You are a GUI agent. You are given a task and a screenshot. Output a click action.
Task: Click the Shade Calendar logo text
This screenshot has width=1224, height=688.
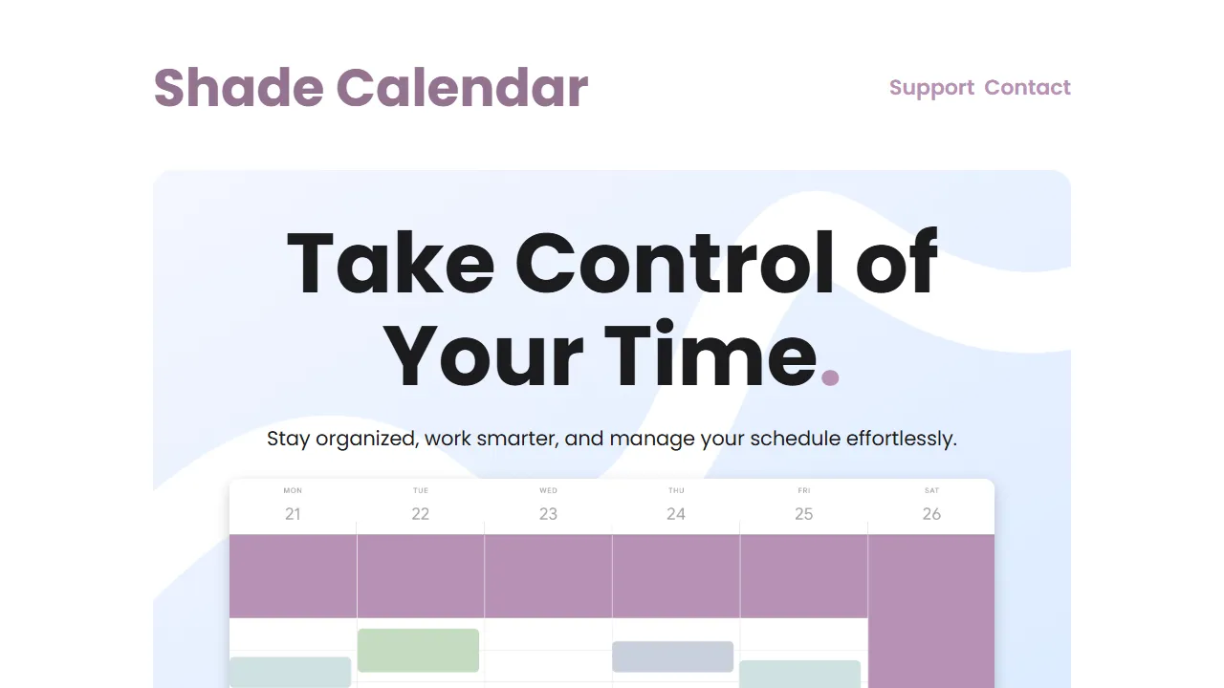coord(370,88)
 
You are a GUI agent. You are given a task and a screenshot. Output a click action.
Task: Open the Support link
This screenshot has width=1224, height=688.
coord(931,88)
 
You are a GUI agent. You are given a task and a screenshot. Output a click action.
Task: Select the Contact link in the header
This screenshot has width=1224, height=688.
coord(1027,88)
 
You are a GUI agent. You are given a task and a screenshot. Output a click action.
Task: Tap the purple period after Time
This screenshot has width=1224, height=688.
coord(830,376)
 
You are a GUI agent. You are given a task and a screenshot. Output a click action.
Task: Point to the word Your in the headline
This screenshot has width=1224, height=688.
coord(483,355)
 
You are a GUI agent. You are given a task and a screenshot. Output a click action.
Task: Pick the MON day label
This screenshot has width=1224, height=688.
coord(293,491)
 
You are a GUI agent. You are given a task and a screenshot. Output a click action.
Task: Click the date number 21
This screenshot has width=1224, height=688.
coord(293,514)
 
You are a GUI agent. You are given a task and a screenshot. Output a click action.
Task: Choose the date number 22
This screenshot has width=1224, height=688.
coord(421,514)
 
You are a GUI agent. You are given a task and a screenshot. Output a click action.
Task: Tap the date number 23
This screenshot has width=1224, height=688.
coord(548,514)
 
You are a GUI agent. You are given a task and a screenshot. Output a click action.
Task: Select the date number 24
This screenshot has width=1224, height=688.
coord(676,514)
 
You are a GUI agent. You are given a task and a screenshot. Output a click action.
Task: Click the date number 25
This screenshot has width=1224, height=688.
coord(803,514)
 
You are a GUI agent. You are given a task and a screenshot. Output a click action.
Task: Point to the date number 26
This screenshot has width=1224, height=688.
coord(931,514)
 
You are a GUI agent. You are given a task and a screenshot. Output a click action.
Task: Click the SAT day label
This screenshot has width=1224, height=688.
coord(931,491)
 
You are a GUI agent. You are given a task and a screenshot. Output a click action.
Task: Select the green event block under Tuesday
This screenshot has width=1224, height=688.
coord(418,650)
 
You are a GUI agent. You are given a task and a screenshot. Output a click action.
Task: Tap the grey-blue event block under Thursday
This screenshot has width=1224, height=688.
coord(672,656)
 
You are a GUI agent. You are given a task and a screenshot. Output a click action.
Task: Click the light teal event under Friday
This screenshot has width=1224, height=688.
coord(799,674)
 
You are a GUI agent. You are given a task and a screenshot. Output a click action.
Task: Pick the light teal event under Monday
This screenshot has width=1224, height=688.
coord(290,672)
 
